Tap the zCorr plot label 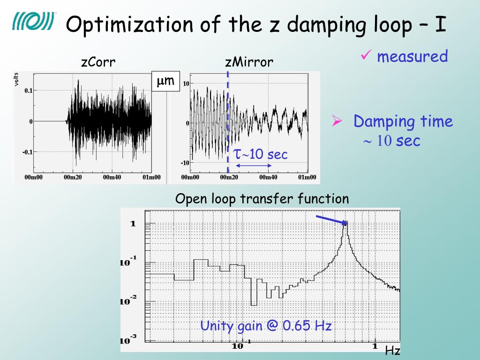[98, 62]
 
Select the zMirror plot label [249, 62]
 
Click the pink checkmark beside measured [366, 56]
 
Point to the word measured [412, 57]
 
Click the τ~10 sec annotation [261, 154]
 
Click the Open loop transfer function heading [262, 199]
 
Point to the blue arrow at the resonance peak [331, 220]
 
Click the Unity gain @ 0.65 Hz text [266, 325]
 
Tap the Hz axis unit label [392, 351]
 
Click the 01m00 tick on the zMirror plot [307, 177]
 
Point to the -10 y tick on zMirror [185, 163]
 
